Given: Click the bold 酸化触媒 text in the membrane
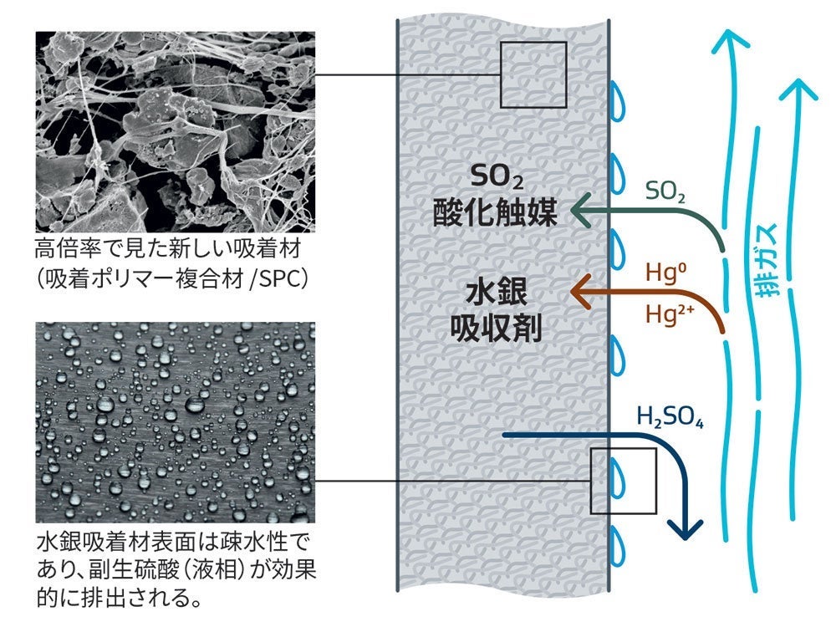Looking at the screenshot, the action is coord(495,212).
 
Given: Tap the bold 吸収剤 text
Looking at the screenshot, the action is coord(497,327).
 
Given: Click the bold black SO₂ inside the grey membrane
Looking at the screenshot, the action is coord(497,176).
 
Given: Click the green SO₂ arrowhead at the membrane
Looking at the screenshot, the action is coord(580,211).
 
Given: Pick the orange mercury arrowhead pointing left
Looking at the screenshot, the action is coord(580,291).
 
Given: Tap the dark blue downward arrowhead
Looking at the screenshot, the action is coord(686,529).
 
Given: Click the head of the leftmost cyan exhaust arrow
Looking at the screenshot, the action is coord(731,42).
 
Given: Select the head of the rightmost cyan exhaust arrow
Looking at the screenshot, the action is coord(798,89).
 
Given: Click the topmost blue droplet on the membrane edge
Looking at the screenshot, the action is coord(618,101).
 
